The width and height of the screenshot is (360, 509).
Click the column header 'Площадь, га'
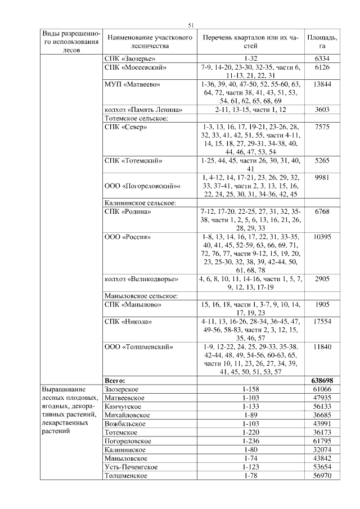pos(322,41)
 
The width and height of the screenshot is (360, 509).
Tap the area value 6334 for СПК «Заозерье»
pos(322,58)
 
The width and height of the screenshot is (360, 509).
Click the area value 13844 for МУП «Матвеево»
pos(322,84)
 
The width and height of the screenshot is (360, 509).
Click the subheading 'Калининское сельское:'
pos(141,202)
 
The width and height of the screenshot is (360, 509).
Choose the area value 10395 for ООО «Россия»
pos(322,237)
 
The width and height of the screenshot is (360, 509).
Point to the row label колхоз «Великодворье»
pos(141,279)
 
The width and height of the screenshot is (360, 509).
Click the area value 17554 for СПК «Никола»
pos(322,321)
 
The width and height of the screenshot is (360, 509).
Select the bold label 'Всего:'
pos(115,381)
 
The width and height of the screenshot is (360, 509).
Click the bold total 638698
pos(322,381)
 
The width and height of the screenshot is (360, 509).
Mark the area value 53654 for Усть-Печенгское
pos(322,467)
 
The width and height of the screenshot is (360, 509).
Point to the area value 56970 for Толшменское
pos(322,476)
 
